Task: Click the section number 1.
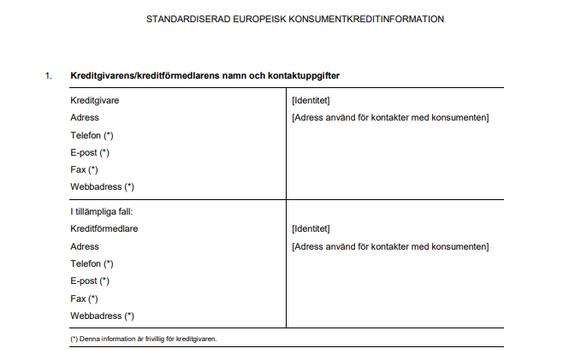[x=49, y=76]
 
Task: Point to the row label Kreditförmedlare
[x=104, y=228]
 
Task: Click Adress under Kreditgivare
[x=84, y=117]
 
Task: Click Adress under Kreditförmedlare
[x=84, y=246]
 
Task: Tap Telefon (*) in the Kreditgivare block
[x=92, y=135]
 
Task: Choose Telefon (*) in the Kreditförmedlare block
[x=92, y=263]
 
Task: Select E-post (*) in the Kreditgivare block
[x=90, y=152]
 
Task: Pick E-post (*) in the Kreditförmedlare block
[x=90, y=280]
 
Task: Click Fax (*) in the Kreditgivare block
[x=84, y=169]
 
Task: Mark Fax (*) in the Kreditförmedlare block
[x=84, y=298]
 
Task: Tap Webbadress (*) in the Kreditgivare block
[x=102, y=186]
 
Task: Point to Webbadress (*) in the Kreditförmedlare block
[x=102, y=316]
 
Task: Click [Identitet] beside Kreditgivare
[x=311, y=100]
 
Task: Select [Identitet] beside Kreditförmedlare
[x=311, y=228]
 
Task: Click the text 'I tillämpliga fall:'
[x=103, y=211]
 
